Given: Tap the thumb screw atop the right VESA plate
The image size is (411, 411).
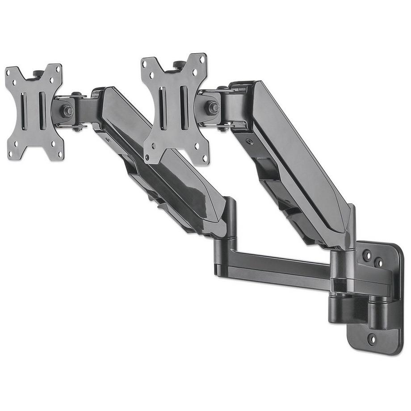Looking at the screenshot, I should pos(180,64).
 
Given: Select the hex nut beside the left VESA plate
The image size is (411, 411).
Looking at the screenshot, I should pos(68,110).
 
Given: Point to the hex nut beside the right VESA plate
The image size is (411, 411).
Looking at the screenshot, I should pos(213,107).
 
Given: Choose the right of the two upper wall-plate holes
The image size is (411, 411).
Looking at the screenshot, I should pos(378,262).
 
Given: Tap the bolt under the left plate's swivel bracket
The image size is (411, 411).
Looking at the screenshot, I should pos(77,128).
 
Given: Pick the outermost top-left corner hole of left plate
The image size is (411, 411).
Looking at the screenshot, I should pos(8,71).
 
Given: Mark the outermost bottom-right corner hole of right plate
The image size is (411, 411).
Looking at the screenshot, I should pos(206,159).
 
